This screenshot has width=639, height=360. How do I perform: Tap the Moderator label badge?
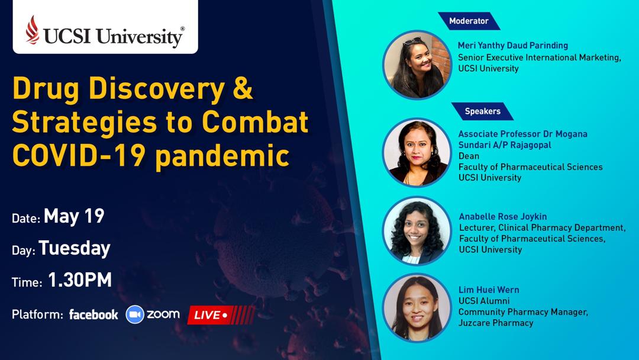pos(469,21)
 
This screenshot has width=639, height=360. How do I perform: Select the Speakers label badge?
pos(483,111)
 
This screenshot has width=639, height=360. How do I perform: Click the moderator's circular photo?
pos(417,65)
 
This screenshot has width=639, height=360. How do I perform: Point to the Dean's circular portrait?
pos(417,152)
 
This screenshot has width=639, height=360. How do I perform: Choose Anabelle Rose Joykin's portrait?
pos(417,231)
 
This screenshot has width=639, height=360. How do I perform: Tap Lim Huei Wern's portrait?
pos(417,307)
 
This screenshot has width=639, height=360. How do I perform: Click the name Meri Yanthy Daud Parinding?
pos(512,45)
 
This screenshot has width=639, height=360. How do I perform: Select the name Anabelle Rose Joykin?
pos(503,217)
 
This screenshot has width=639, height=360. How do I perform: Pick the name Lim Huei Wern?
pos(489,290)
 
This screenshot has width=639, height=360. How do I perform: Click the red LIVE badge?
pos(221,315)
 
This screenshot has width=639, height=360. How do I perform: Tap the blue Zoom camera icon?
pos(135,314)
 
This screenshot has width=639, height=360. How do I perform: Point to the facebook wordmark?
pos(93,314)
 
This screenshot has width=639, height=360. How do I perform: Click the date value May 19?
pos(74,216)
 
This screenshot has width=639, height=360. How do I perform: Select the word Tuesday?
pos(75,248)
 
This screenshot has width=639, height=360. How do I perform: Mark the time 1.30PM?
pos(80,280)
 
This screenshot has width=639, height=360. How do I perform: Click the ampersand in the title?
pos(243,88)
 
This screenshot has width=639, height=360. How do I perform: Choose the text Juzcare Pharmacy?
pos(496,323)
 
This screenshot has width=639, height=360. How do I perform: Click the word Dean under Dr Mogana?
pos(469,156)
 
